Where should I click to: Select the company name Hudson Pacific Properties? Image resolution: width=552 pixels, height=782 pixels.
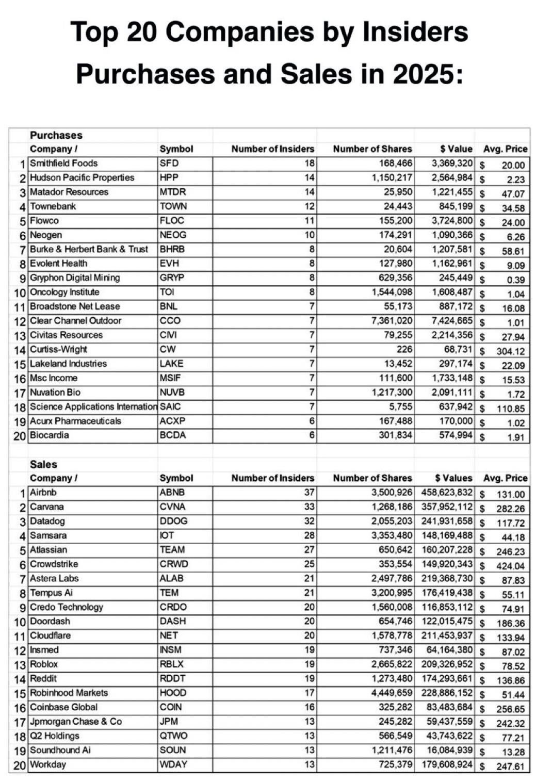click(x=82, y=178)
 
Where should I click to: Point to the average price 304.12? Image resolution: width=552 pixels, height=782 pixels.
click(x=510, y=351)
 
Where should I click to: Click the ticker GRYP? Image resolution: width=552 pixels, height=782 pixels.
click(x=172, y=278)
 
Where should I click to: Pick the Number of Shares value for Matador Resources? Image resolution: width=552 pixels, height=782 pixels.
click(x=398, y=192)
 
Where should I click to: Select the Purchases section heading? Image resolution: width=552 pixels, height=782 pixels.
click(x=56, y=136)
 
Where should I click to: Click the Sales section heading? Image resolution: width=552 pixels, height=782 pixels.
click(x=43, y=465)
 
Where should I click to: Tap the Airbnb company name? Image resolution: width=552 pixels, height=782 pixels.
click(x=43, y=493)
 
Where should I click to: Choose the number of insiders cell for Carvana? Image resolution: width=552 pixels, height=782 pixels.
click(x=309, y=507)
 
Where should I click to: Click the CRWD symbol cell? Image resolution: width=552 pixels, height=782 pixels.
click(x=173, y=564)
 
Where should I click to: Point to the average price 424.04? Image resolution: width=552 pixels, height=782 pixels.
click(x=510, y=566)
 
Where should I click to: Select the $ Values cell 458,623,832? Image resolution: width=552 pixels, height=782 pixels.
click(x=447, y=493)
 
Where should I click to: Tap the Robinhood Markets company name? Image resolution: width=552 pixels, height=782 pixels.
click(x=69, y=693)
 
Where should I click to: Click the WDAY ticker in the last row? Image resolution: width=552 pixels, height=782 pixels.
click(x=173, y=764)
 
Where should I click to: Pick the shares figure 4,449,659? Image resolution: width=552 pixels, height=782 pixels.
click(x=392, y=693)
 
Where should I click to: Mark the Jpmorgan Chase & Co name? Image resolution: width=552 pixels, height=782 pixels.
click(x=75, y=722)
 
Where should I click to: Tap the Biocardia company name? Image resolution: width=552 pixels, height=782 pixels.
click(x=49, y=435)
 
